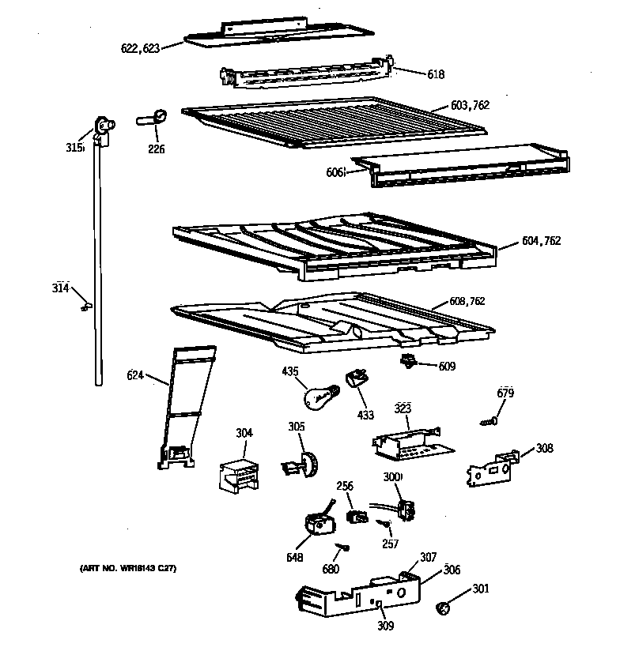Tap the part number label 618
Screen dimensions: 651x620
click(x=435, y=74)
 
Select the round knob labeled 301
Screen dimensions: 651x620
click(x=445, y=608)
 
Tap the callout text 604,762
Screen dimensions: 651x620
click(x=541, y=241)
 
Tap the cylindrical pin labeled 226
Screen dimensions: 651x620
click(x=153, y=119)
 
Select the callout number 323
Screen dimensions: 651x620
click(x=403, y=409)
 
